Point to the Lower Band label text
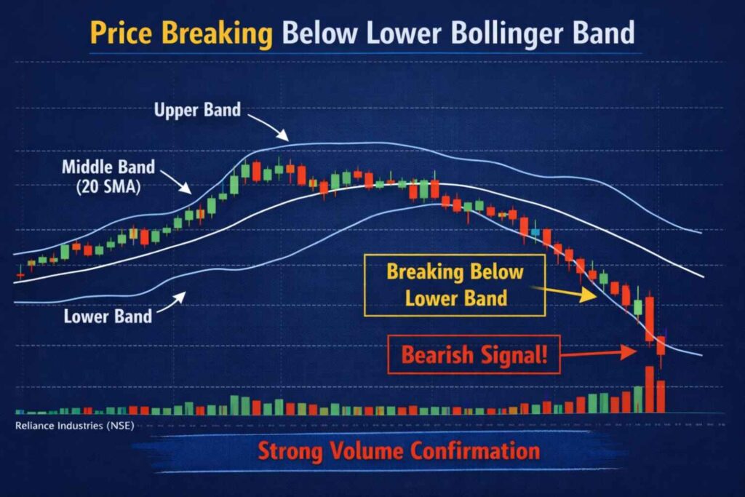click(108, 317)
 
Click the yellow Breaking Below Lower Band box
click(455, 285)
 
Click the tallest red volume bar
click(649, 390)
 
